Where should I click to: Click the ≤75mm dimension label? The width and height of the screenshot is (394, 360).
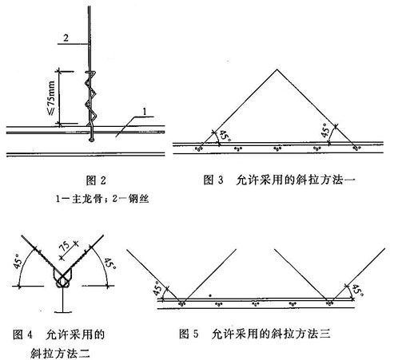(x=51, y=97)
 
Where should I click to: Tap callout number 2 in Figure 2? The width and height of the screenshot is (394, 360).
(x=66, y=38)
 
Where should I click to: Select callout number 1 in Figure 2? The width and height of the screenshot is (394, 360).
(x=145, y=111)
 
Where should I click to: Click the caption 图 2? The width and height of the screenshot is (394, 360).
(x=96, y=180)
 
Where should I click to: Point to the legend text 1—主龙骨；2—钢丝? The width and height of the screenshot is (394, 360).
(x=102, y=198)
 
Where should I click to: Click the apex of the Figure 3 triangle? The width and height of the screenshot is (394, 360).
(x=277, y=69)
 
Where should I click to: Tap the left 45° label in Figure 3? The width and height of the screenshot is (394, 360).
(x=224, y=136)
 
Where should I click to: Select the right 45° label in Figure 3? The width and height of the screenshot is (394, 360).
(x=325, y=130)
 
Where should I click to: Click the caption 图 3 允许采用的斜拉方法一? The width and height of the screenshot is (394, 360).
(x=280, y=180)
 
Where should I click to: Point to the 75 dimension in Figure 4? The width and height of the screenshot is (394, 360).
(x=66, y=246)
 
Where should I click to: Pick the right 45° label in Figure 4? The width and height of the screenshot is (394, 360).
(x=109, y=263)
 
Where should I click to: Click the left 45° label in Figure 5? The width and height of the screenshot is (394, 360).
(x=157, y=288)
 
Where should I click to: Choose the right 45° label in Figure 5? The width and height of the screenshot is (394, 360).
(x=358, y=291)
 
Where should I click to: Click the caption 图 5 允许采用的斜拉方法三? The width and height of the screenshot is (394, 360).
(x=255, y=334)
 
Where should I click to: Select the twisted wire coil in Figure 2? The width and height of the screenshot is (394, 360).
(x=90, y=97)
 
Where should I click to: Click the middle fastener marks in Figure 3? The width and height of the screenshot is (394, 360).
(x=277, y=148)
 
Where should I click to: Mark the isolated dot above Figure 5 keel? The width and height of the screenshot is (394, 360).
(x=210, y=295)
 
